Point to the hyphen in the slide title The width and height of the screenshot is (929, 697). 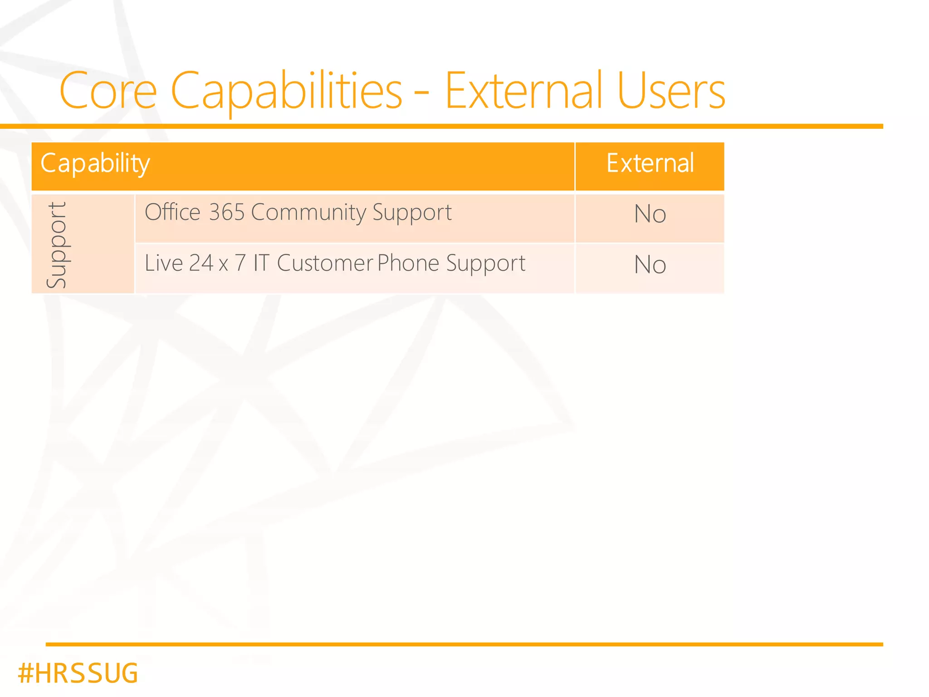pyautogui.click(x=421, y=95)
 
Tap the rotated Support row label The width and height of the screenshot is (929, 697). pyautogui.click(x=57, y=245)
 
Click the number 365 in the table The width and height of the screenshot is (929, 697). pyautogui.click(x=227, y=212)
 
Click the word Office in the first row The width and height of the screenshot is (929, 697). pyautogui.click(x=172, y=212)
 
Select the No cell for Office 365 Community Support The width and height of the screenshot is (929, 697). pyautogui.click(x=650, y=214)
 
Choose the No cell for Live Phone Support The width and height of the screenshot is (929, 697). pyautogui.click(x=650, y=265)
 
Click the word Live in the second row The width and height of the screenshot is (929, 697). pyautogui.click(x=163, y=263)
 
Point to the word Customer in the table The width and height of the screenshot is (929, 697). pyautogui.click(x=325, y=263)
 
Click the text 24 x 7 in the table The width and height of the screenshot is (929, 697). pyautogui.click(x=217, y=263)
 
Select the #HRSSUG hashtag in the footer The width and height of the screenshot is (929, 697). pyautogui.click(x=78, y=673)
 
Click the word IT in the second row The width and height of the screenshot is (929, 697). pyautogui.click(x=261, y=263)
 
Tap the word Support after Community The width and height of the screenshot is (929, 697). pyautogui.click(x=412, y=212)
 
